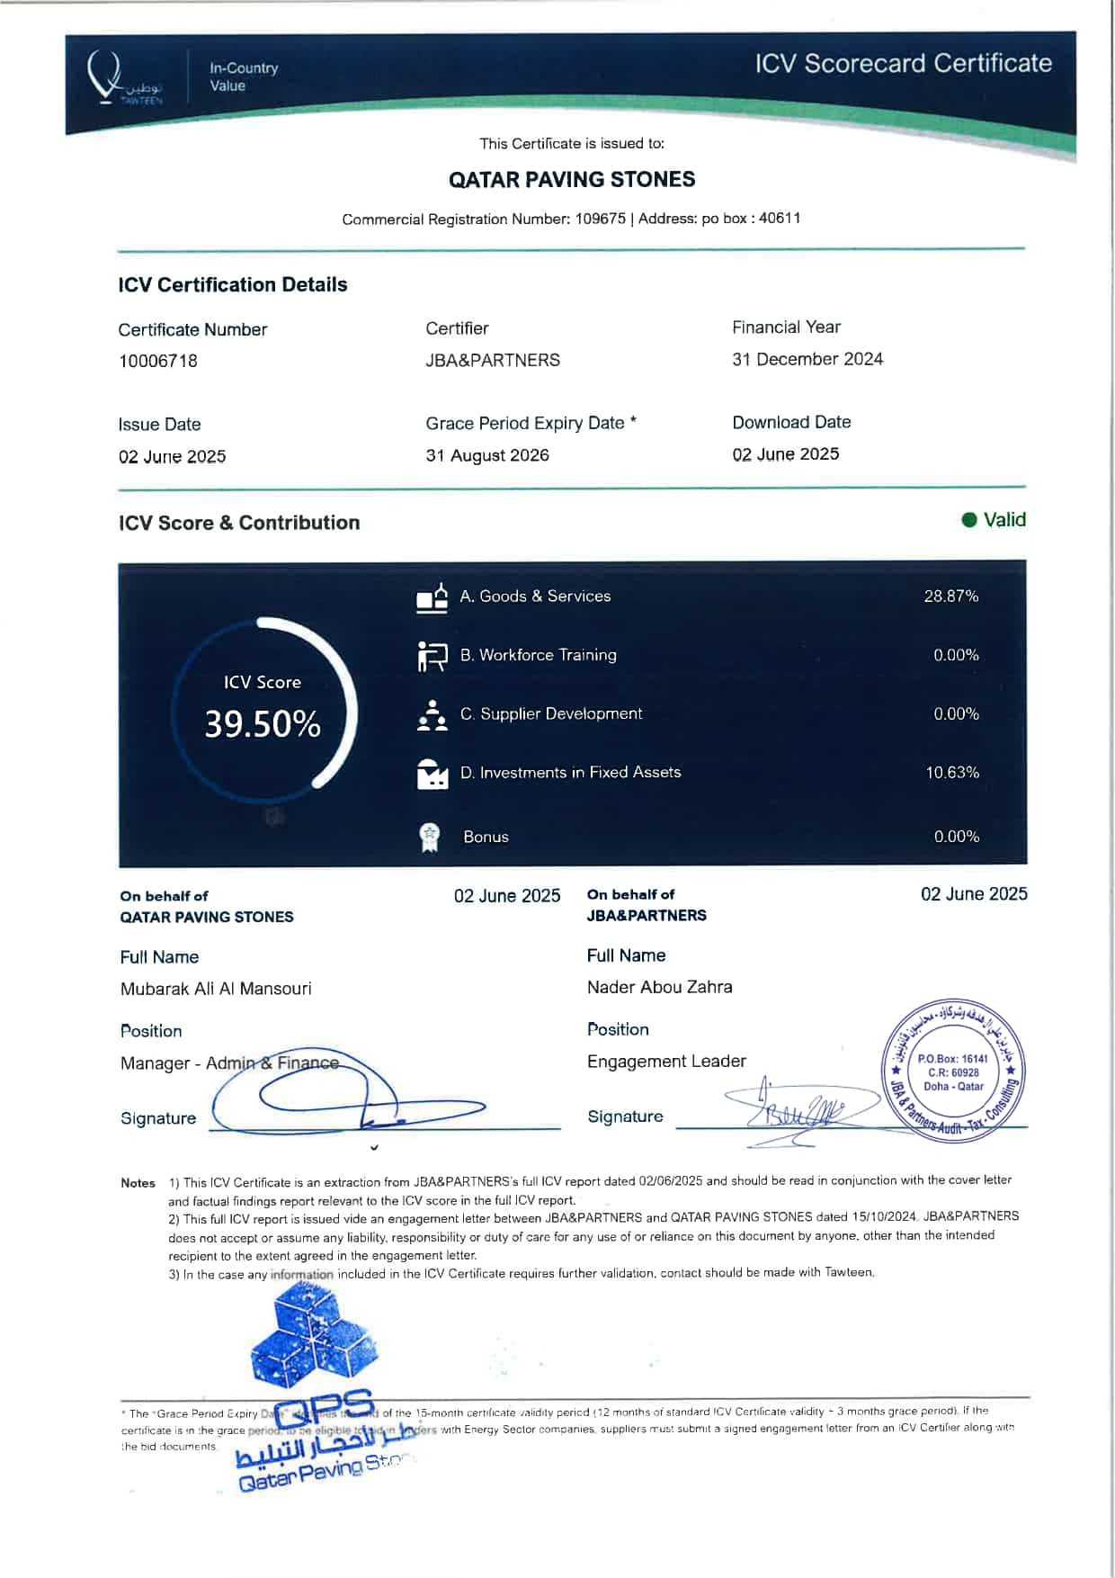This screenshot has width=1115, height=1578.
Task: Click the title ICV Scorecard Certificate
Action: tap(903, 64)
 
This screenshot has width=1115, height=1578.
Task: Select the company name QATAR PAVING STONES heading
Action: tap(572, 180)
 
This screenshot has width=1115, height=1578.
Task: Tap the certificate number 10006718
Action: tap(158, 361)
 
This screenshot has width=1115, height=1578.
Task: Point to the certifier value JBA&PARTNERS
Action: tap(493, 360)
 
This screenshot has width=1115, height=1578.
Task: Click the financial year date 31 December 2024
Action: tap(807, 359)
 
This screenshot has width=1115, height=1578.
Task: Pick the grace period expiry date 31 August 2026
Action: tap(487, 455)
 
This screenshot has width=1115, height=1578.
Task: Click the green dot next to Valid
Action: tap(969, 520)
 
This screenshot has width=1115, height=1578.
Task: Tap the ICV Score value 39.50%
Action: tap(262, 724)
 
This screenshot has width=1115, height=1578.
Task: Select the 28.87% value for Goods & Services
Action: tap(951, 596)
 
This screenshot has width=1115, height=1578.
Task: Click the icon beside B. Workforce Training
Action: tap(432, 656)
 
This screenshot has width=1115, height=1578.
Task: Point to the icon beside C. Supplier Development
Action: tap(432, 715)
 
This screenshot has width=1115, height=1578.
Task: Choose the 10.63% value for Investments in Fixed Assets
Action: tap(952, 773)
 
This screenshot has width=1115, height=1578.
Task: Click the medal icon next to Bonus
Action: tap(430, 837)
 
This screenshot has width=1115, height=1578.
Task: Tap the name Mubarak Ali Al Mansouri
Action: tap(216, 989)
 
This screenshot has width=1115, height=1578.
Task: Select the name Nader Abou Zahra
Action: tap(660, 987)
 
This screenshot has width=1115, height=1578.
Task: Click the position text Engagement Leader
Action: tap(666, 1062)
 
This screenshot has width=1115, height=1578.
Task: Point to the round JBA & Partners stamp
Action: tap(953, 1071)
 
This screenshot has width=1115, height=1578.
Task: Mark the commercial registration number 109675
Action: tap(601, 219)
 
